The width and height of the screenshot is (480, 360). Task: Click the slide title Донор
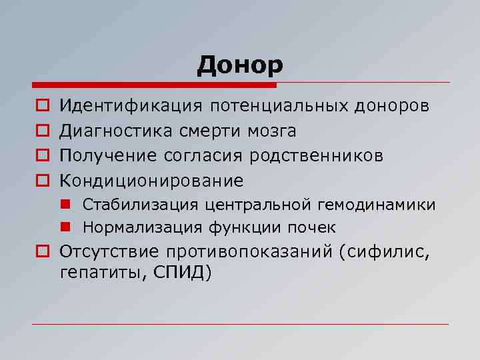click(240, 65)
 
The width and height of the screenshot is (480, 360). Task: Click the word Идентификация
click(131, 105)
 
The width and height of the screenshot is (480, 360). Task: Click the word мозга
click(272, 131)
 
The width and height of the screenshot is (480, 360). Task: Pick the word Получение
click(107, 156)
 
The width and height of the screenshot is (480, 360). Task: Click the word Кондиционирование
click(151, 181)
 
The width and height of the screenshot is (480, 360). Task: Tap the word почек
click(312, 227)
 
